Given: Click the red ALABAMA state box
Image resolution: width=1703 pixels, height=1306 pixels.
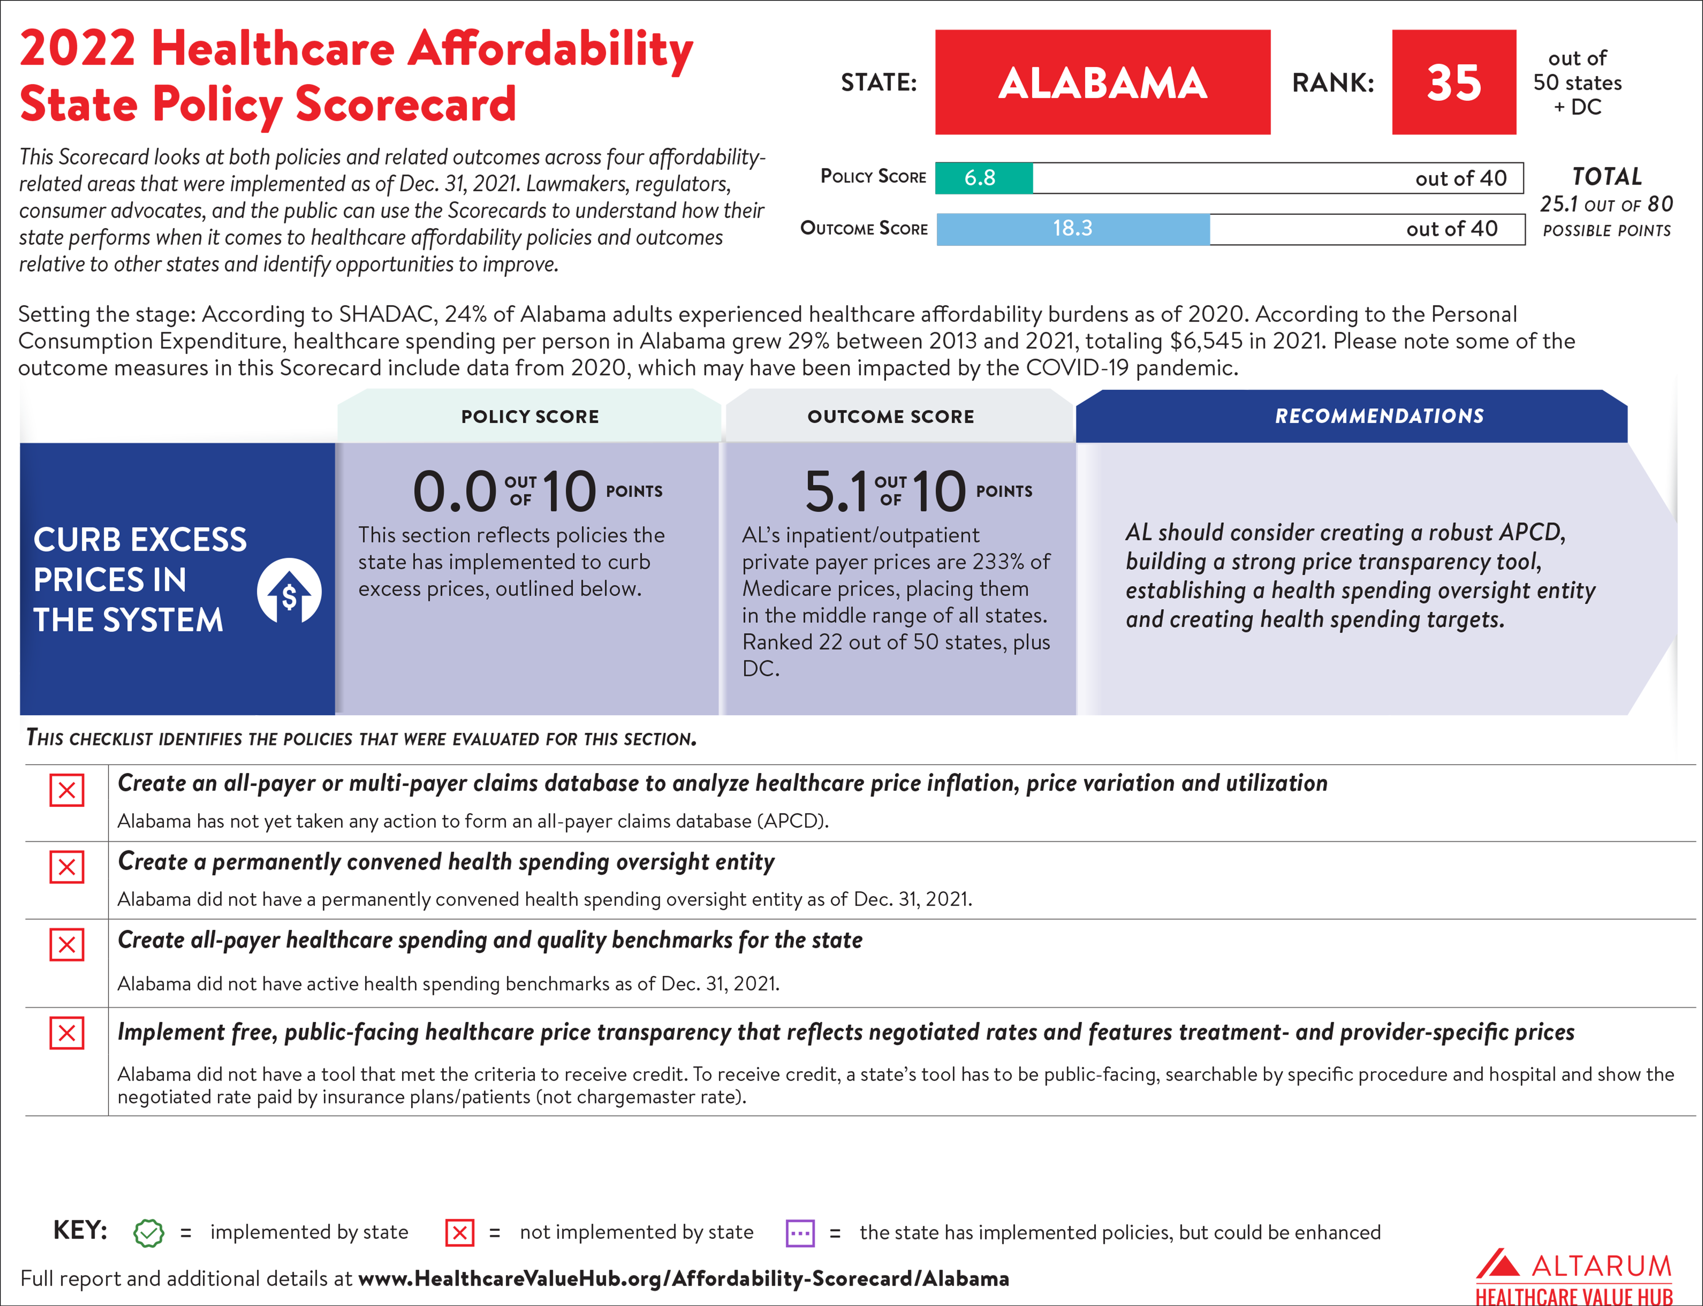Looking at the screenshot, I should [1102, 82].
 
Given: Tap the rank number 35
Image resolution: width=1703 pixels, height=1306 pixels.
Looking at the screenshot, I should [1453, 82].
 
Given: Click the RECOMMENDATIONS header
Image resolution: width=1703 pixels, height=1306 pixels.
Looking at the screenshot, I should [1379, 416].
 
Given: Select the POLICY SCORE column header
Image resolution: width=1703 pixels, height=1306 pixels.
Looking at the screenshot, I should [530, 417].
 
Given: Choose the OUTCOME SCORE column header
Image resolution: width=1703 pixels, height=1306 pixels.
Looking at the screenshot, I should [891, 417].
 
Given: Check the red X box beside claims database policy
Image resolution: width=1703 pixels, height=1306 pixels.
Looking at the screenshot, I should [67, 791].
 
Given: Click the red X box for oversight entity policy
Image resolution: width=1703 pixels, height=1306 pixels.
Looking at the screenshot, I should [67, 867].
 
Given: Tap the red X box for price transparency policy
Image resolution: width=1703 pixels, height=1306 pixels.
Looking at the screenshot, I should [67, 1033].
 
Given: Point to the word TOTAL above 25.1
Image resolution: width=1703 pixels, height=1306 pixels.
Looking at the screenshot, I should [1607, 176].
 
